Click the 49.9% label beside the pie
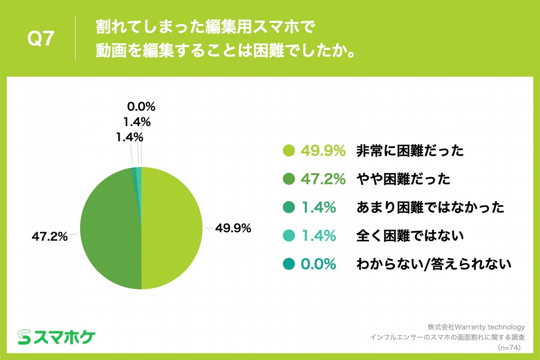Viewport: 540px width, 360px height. (x=233, y=229)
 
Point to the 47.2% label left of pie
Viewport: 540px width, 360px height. (x=49, y=236)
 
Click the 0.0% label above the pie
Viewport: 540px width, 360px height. (x=141, y=107)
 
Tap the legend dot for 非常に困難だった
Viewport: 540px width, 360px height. (x=289, y=151)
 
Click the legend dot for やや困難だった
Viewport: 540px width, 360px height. (x=289, y=180)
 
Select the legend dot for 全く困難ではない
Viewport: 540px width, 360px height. (x=289, y=235)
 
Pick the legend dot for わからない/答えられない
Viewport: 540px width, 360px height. (x=289, y=264)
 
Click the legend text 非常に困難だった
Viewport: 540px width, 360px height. (x=409, y=151)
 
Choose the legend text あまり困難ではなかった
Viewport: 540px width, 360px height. (x=430, y=207)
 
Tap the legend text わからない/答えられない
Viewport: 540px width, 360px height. (x=433, y=264)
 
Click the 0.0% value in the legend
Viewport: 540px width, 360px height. (x=319, y=264)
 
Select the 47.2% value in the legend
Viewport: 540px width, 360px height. (x=323, y=180)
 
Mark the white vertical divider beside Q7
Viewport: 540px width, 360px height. (x=75, y=39)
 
